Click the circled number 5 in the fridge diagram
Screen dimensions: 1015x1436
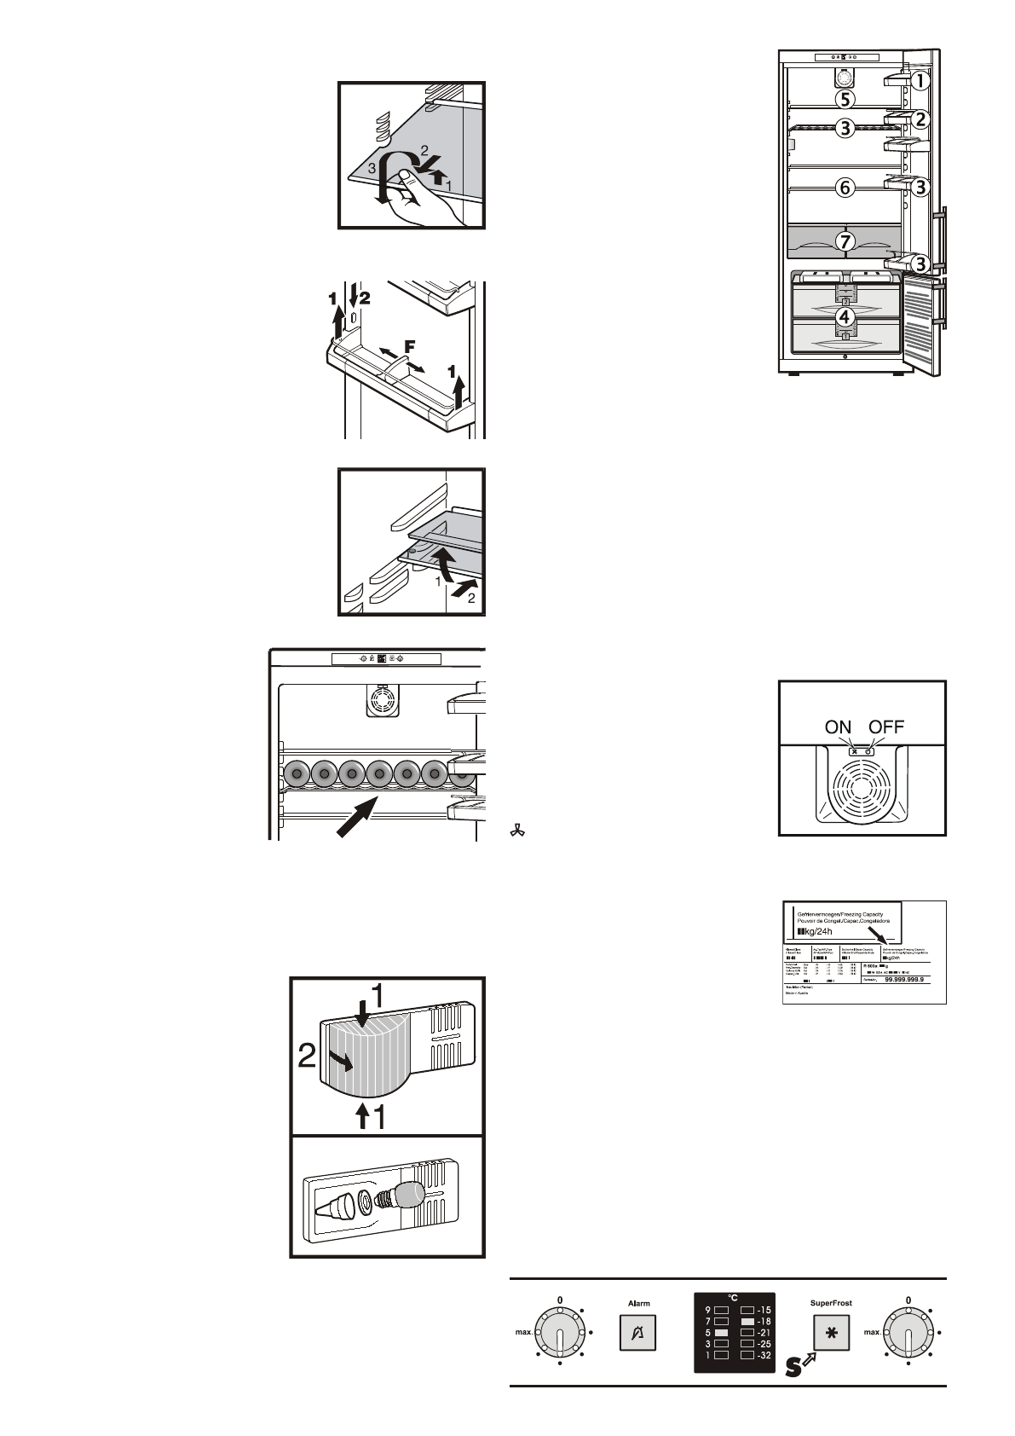click(x=844, y=99)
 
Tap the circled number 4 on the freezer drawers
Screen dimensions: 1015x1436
click(x=844, y=317)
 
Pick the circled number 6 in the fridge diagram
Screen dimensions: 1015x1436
click(x=844, y=187)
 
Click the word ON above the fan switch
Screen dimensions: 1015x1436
click(x=838, y=727)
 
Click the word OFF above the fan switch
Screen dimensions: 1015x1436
click(x=886, y=727)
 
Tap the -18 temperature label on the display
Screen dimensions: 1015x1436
click(x=762, y=1321)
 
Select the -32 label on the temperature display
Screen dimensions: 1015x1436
click(x=762, y=1355)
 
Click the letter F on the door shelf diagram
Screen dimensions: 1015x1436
click(x=409, y=346)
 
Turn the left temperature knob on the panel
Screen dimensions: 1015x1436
click(x=559, y=1332)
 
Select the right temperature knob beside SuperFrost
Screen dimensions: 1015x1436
click(x=908, y=1332)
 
